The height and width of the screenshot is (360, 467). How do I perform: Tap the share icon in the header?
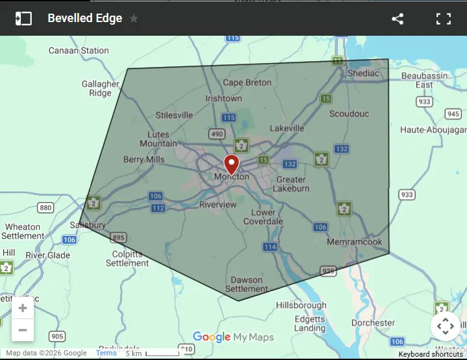[398, 19]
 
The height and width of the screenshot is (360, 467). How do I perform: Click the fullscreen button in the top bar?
[444, 19]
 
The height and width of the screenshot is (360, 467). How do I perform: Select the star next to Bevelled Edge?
[134, 19]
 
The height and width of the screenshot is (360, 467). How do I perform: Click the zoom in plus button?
[23, 308]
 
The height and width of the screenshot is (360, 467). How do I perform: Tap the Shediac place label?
[363, 73]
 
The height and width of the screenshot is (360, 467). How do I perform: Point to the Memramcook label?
[354, 241]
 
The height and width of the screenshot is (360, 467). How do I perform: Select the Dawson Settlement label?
[247, 285]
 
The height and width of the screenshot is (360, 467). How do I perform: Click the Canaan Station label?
[79, 50]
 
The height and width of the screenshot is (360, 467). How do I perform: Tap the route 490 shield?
[216, 134]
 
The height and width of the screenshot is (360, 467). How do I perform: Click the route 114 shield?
[270, 247]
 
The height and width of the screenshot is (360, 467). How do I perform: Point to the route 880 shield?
[45, 208]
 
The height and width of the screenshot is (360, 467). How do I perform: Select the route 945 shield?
[453, 114]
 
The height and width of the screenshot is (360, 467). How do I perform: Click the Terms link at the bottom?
[107, 353]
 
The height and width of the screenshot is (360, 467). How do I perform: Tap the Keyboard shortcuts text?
[431, 354]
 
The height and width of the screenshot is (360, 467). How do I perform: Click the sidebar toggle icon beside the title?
[23, 19]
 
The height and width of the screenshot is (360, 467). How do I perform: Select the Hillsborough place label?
[301, 305]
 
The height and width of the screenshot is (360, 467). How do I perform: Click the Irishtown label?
[223, 99]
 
